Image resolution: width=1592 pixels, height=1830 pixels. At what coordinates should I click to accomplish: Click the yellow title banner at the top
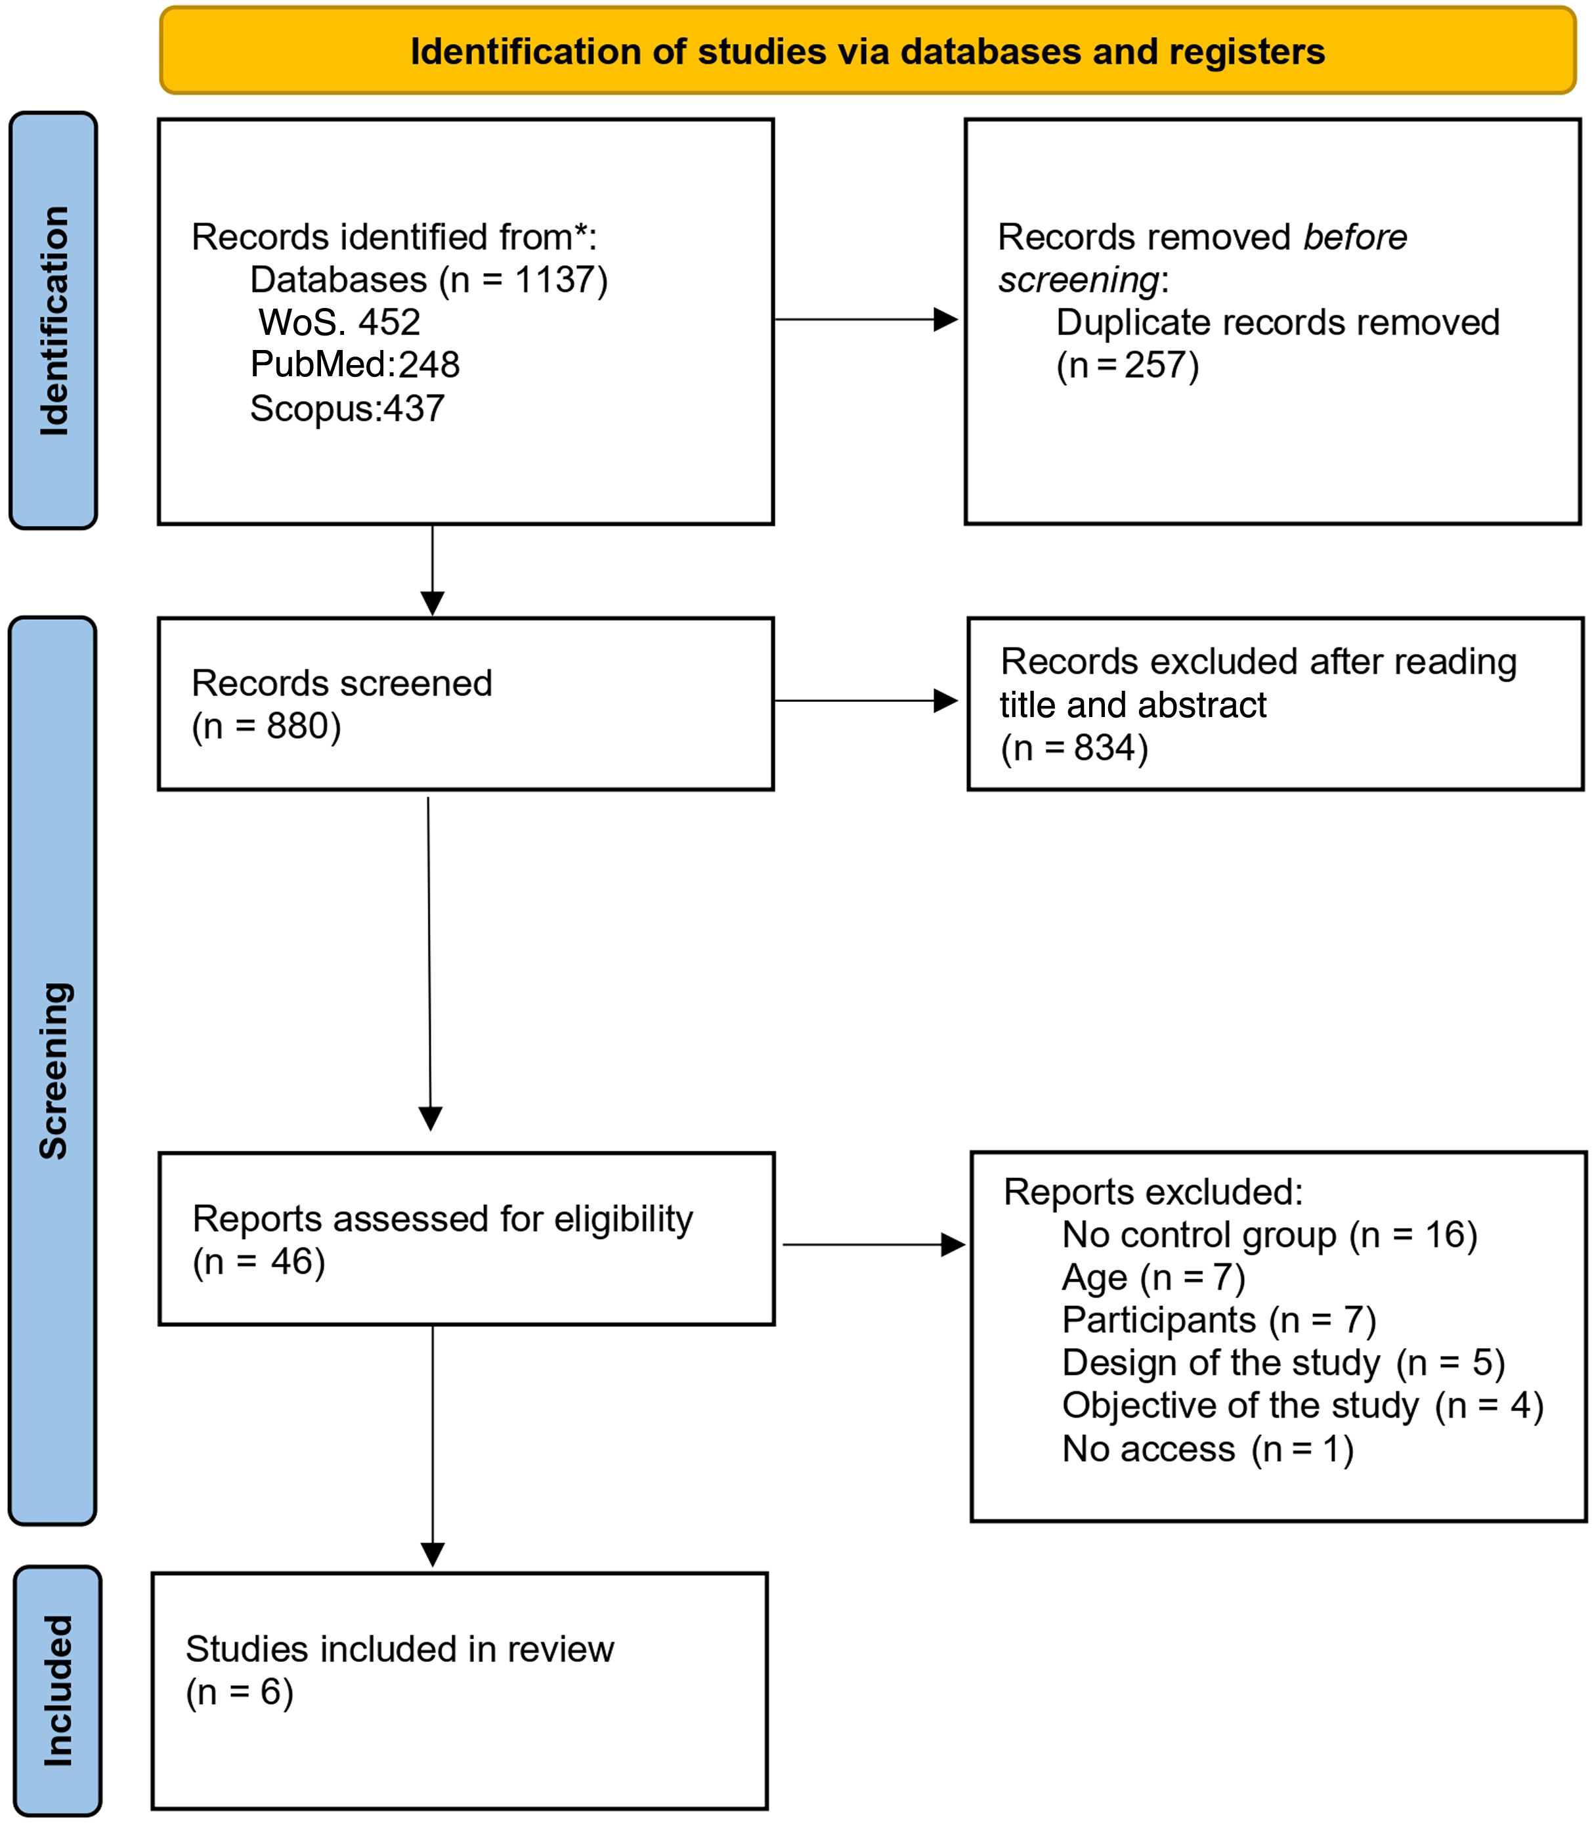click(x=867, y=51)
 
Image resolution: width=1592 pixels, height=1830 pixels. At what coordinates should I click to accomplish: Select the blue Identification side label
click(x=53, y=320)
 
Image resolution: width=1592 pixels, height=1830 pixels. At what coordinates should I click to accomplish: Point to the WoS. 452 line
click(x=339, y=322)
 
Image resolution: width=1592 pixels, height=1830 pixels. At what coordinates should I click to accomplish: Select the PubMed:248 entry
click(x=355, y=365)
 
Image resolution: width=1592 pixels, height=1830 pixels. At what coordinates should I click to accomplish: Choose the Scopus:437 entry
click(x=347, y=408)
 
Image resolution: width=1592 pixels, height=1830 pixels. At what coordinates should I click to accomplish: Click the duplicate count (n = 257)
click(x=1127, y=366)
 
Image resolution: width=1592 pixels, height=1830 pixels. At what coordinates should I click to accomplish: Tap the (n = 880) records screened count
click(x=267, y=727)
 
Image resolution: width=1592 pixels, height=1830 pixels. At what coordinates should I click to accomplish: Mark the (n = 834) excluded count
click(x=1074, y=748)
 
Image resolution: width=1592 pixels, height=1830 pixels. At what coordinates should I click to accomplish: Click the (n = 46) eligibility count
click(x=259, y=1262)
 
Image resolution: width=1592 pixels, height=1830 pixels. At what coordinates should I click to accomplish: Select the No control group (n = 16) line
click(x=1270, y=1235)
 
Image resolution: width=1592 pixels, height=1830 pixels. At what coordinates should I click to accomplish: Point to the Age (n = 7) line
click(x=1154, y=1277)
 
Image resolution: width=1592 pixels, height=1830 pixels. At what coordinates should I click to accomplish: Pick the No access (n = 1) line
click(x=1208, y=1449)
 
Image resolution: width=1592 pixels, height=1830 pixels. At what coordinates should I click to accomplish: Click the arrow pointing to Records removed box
click(x=866, y=319)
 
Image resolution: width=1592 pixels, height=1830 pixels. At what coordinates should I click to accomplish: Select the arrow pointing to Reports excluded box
click(x=874, y=1244)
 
